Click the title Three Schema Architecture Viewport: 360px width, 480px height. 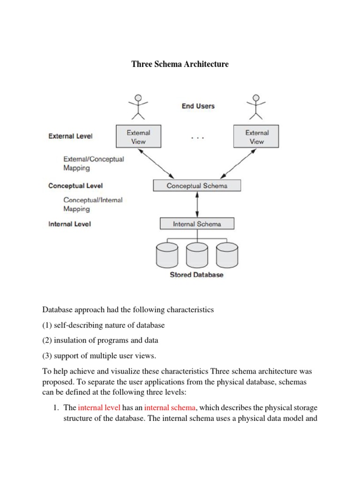(180, 64)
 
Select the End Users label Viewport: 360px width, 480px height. (198, 106)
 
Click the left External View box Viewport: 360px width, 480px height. (138, 137)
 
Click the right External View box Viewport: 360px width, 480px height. (256, 137)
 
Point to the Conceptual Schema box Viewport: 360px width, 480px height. (197, 186)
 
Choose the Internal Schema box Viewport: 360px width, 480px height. (197, 224)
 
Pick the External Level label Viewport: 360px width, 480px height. (70, 136)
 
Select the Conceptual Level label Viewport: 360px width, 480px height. (75, 186)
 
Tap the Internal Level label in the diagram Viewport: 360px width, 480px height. (69, 224)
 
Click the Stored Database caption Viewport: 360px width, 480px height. (196, 275)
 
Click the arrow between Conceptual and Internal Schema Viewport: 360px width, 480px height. (197, 204)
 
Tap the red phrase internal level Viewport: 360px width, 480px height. (99, 408)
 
